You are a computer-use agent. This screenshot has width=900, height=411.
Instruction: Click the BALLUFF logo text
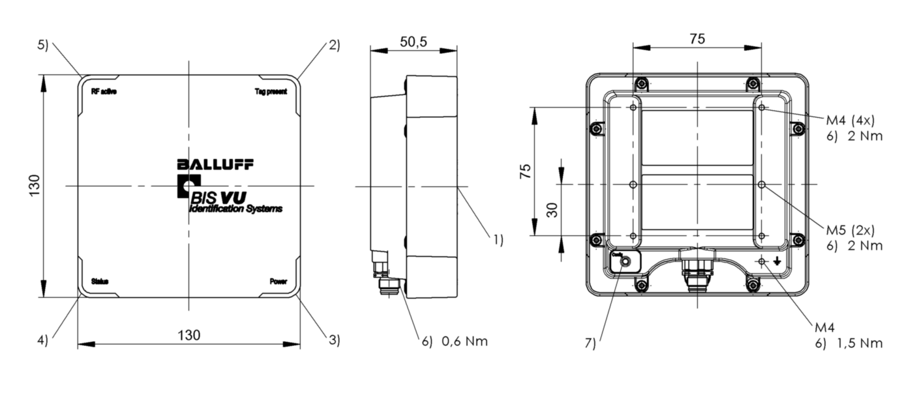click(x=215, y=164)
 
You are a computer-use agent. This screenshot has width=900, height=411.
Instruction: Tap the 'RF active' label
click(x=104, y=92)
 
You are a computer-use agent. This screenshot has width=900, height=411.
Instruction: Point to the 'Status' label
click(x=100, y=281)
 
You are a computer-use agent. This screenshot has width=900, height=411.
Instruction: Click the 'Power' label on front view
click(x=278, y=281)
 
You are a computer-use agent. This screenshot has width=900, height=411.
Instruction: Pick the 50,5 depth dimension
click(x=413, y=42)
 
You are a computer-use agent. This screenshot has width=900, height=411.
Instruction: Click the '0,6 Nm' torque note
click(x=464, y=341)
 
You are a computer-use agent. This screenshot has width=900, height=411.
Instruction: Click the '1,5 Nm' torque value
click(x=860, y=343)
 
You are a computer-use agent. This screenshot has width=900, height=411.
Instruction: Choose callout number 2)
click(x=334, y=45)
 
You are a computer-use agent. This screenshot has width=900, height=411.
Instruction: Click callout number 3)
click(x=334, y=339)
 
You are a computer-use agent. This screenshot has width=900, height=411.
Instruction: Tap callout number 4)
click(x=42, y=339)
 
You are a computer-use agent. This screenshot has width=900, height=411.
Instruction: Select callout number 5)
click(x=42, y=45)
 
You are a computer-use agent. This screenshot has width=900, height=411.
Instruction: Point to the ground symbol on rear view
click(x=777, y=262)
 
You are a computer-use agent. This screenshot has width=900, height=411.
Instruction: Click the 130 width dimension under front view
click(x=188, y=335)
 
